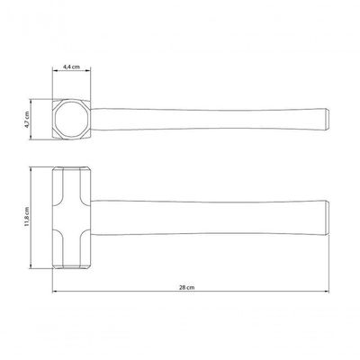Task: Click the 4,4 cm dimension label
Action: (71, 67)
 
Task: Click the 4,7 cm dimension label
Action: (27, 120)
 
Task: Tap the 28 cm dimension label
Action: (186, 287)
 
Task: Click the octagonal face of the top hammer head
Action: (72, 120)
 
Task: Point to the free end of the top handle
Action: (328, 120)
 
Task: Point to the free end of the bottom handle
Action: (328, 218)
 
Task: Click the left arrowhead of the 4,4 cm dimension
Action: (55, 70)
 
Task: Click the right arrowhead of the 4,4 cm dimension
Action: (88, 70)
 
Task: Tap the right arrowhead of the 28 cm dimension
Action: (327, 292)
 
